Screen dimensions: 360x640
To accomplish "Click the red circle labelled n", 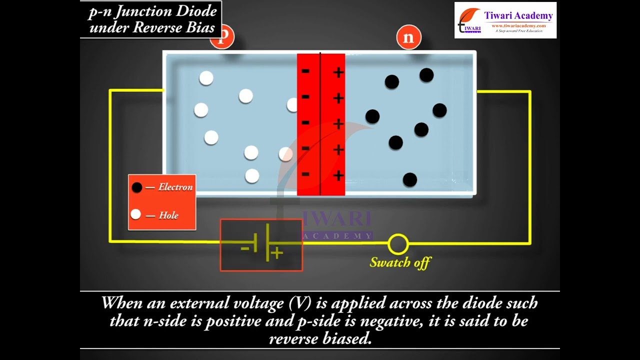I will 408,38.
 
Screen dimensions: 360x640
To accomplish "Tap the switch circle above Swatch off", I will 398,244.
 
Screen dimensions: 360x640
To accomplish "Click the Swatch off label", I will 400,262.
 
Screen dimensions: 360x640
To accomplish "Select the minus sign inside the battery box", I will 245,247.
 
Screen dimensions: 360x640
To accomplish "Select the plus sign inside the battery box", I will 277,253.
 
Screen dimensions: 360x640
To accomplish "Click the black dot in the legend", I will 136,187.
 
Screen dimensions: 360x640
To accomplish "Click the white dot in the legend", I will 135,214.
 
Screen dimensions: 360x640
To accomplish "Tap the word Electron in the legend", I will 175,187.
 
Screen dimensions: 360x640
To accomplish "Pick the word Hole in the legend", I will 168,215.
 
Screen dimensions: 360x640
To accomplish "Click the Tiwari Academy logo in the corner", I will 505,20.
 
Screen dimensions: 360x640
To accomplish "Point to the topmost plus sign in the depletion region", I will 338,72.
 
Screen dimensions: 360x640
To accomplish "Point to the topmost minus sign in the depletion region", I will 305,71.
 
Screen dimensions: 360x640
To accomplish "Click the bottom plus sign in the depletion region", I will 338,175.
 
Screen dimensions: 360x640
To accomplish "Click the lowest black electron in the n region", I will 410,179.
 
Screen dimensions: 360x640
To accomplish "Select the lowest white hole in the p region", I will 252,176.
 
